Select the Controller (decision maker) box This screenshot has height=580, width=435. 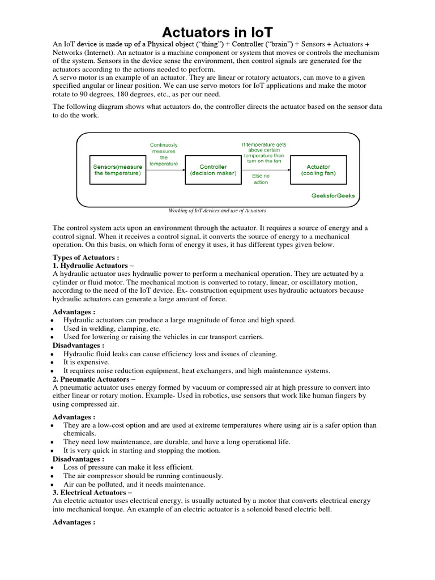point(213,170)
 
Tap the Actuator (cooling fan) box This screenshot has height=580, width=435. point(318,170)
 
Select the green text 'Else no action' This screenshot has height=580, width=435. point(261,179)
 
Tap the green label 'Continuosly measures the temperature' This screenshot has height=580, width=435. point(164,154)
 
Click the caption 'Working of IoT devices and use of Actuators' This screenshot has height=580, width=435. point(217,211)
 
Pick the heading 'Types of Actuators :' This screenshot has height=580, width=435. point(86,257)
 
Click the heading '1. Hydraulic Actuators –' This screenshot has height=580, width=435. point(93,266)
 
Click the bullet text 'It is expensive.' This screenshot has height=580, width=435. point(86,362)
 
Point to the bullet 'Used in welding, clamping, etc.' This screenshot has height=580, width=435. point(112,329)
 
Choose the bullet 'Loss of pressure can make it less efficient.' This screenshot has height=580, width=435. point(128,467)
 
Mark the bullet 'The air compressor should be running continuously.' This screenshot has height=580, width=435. point(143,476)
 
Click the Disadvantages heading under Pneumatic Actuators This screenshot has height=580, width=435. point(78,459)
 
